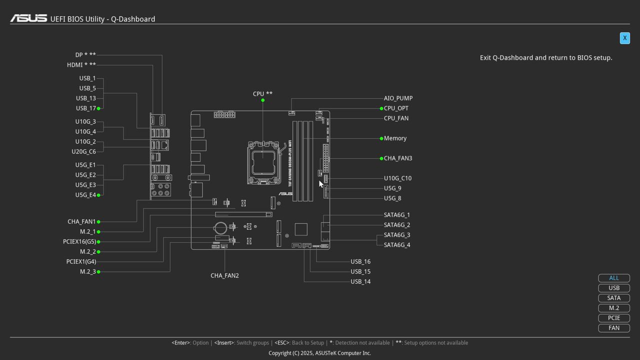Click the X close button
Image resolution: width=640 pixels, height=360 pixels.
(624, 38)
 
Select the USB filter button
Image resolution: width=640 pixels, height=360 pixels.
(614, 288)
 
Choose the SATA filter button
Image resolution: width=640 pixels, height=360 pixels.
(614, 298)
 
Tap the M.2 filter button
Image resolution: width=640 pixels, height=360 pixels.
(614, 308)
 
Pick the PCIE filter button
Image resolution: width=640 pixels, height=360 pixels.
(614, 318)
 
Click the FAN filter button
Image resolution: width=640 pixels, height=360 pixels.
(614, 328)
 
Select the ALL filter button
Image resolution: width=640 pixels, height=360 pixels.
(614, 278)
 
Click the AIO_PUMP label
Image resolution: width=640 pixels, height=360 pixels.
(398, 98)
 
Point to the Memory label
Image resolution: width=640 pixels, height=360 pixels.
(395, 138)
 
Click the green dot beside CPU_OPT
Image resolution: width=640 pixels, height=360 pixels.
(381, 108)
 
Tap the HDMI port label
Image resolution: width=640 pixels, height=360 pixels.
(81, 65)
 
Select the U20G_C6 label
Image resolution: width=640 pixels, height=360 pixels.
(83, 152)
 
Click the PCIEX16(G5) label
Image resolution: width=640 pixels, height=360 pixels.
(79, 242)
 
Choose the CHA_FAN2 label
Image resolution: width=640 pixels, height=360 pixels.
(224, 275)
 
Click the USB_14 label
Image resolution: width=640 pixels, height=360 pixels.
(360, 282)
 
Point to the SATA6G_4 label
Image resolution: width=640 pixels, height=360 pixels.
(397, 245)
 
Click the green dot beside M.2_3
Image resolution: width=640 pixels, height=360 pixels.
(98, 272)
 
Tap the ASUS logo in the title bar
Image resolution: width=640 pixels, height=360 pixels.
(28, 18)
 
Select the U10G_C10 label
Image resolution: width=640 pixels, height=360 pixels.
(397, 178)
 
